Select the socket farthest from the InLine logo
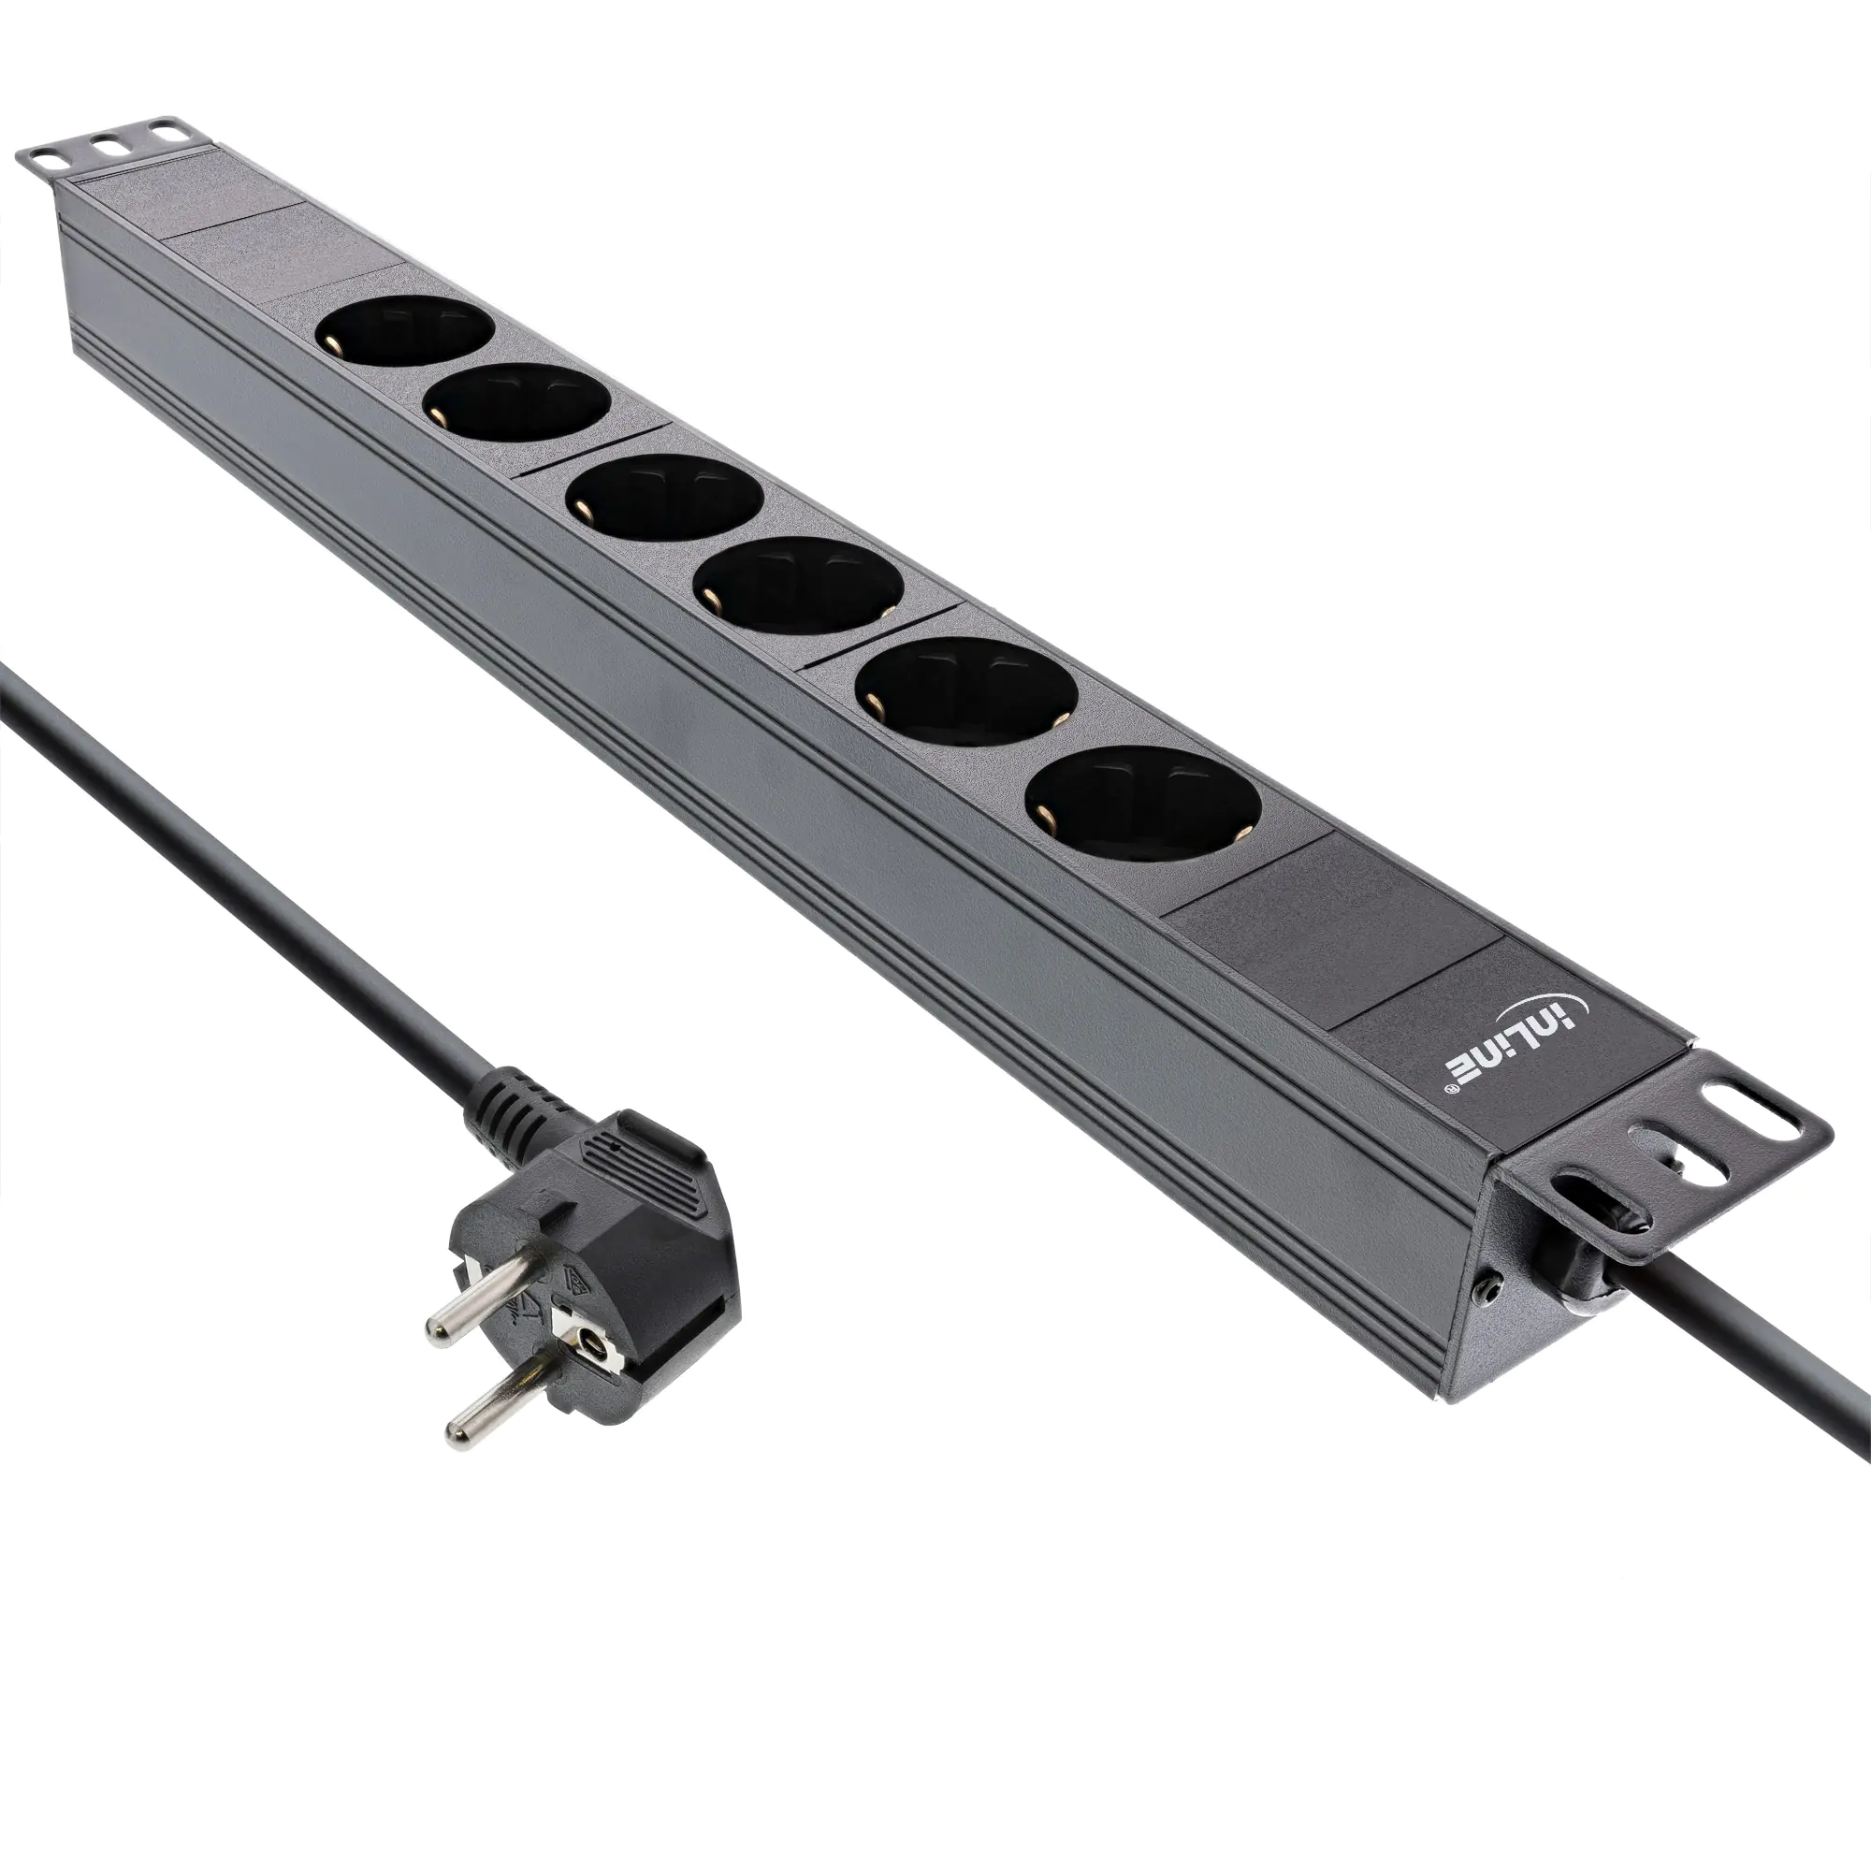click(404, 330)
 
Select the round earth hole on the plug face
click(587, 1341)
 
